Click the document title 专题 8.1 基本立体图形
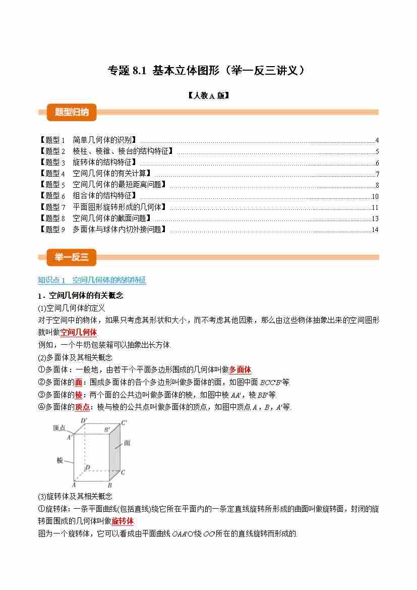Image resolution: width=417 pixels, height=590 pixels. tap(207, 71)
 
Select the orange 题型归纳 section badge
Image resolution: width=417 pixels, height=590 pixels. tap(71, 112)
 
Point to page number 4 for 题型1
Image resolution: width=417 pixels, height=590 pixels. tap(377, 141)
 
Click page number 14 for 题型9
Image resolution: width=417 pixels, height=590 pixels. tap(375, 230)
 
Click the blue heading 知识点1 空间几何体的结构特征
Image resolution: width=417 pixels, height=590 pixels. tap(92, 280)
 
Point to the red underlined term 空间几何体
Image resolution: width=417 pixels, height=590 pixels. tap(79, 332)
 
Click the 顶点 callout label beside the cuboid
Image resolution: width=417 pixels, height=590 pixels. tap(59, 428)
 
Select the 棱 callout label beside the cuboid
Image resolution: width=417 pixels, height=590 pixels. tap(59, 461)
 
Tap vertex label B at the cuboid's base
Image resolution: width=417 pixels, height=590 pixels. tap(110, 485)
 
